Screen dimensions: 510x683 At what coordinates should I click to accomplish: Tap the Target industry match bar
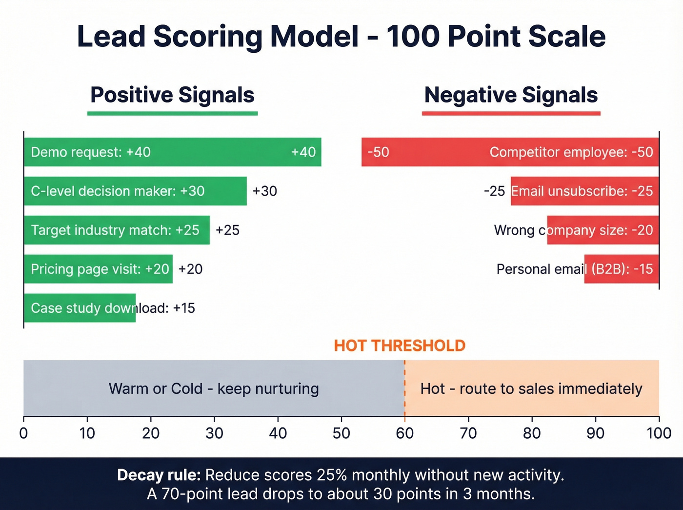click(x=117, y=230)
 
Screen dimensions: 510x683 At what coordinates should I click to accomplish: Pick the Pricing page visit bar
click(x=98, y=269)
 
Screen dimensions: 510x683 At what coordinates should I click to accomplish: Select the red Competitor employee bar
click(x=510, y=152)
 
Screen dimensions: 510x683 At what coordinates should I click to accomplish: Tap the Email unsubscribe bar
click(x=584, y=191)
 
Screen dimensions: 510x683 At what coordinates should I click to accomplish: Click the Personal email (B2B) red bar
click(x=622, y=269)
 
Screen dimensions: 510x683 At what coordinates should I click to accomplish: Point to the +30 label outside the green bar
click(x=264, y=191)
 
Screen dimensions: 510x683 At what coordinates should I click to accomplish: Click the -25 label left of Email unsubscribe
click(x=494, y=191)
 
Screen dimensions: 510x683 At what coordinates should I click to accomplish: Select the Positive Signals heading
click(x=172, y=95)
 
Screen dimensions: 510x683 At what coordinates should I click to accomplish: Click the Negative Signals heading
click(x=511, y=95)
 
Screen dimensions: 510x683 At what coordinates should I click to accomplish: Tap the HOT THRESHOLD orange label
click(x=400, y=346)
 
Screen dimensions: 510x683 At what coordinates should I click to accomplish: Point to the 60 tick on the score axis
click(x=404, y=433)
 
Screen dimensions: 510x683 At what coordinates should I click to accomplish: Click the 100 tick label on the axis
click(x=659, y=433)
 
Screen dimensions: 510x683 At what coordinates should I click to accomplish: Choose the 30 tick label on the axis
click(x=214, y=433)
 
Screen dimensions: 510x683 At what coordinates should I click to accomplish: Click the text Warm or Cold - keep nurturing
click(x=214, y=388)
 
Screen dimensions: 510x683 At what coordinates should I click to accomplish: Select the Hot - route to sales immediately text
click(x=531, y=388)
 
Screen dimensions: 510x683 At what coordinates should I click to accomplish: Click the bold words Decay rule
click(x=159, y=475)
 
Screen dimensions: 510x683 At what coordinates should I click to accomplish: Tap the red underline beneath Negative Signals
click(x=511, y=113)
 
